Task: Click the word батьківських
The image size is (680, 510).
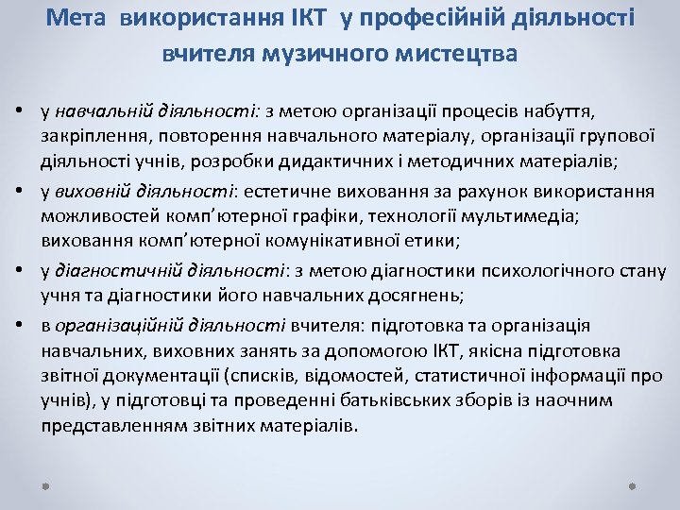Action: click(x=387, y=400)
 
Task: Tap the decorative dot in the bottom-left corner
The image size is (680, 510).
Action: click(x=47, y=488)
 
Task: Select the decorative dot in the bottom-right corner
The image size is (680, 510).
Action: click(x=632, y=488)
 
